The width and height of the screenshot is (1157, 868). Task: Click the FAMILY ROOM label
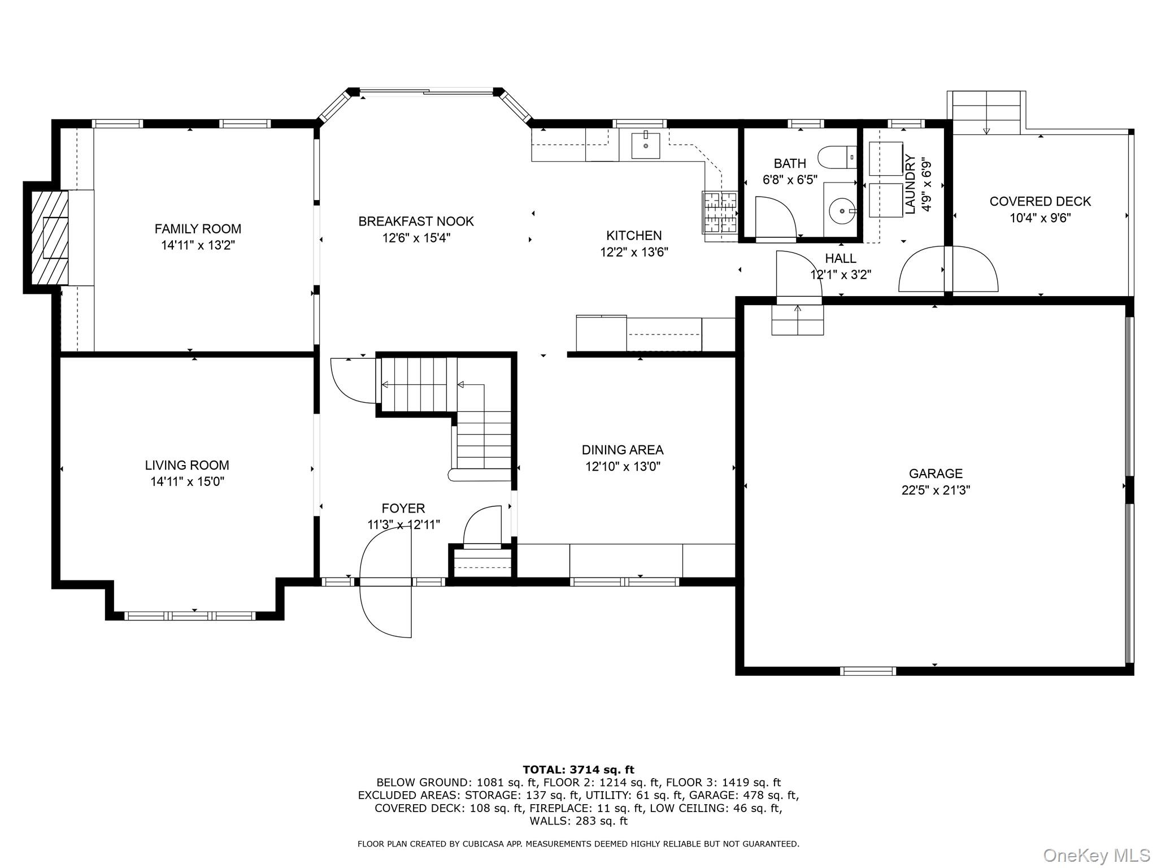click(x=198, y=229)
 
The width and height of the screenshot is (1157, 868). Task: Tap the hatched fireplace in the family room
click(x=50, y=238)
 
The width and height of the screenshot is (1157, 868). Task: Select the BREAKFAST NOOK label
click(x=416, y=222)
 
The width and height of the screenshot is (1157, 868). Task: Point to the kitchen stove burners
click(x=720, y=212)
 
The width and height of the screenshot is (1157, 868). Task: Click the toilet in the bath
click(x=837, y=157)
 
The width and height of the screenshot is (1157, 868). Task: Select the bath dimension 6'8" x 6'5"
click(x=790, y=180)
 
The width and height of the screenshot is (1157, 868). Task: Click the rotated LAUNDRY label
click(x=910, y=184)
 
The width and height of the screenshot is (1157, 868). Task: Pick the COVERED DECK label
click(x=1040, y=202)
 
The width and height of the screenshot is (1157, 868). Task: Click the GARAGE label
click(x=936, y=474)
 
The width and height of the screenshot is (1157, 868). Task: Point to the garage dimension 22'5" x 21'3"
click(x=936, y=490)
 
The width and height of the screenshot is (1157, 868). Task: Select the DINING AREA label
click(x=623, y=450)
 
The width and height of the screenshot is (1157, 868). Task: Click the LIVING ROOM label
click(x=187, y=465)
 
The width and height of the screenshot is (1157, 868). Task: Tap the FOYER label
click(x=403, y=509)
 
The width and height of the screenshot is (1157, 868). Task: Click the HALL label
click(x=841, y=259)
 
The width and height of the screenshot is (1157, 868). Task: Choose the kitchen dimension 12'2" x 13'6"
click(x=634, y=252)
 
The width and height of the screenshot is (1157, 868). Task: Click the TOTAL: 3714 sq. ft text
click(x=578, y=770)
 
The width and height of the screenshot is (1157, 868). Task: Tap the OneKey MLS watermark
click(x=1097, y=855)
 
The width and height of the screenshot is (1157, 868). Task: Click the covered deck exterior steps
click(x=986, y=113)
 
